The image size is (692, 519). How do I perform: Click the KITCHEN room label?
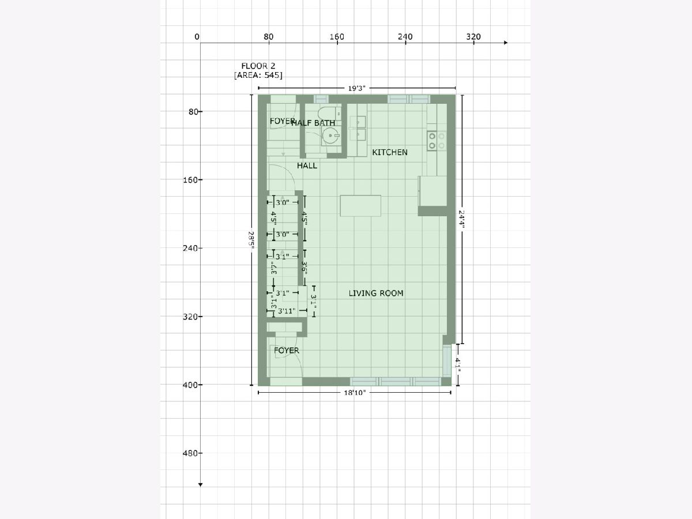pyautogui.click(x=390, y=152)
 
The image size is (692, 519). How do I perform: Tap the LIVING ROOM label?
pyautogui.click(x=376, y=294)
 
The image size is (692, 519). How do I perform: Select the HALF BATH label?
pyautogui.click(x=313, y=123)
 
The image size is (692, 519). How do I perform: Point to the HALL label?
pyautogui.click(x=307, y=166)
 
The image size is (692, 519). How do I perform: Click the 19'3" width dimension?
pyautogui.click(x=356, y=89)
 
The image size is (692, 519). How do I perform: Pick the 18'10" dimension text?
pyautogui.click(x=355, y=393)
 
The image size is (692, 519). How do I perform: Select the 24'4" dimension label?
pyautogui.click(x=461, y=220)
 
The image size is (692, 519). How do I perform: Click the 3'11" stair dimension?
pyautogui.click(x=287, y=311)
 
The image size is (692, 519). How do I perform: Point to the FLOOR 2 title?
pyautogui.click(x=258, y=66)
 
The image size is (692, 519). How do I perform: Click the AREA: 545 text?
pyautogui.click(x=258, y=76)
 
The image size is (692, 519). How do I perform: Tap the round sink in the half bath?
pyautogui.click(x=330, y=136)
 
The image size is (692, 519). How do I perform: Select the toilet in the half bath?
pyautogui.click(x=329, y=112)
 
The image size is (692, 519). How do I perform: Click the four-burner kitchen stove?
pyautogui.click(x=437, y=141)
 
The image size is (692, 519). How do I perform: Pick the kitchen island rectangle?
pyautogui.click(x=360, y=206)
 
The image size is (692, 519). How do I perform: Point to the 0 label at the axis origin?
pyautogui.click(x=197, y=37)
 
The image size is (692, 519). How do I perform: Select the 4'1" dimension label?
pyautogui.click(x=458, y=365)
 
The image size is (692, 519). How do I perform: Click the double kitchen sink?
pyautogui.click(x=358, y=128)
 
